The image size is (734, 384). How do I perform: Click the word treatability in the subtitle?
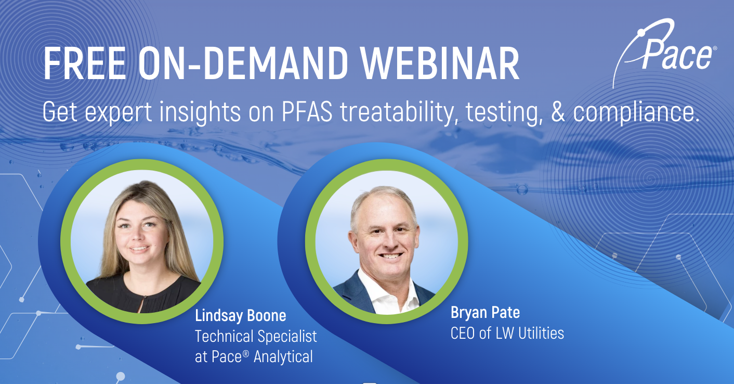click(401, 112)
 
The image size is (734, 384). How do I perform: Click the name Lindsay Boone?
click(240, 315)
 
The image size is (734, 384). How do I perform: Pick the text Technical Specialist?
click(256, 336)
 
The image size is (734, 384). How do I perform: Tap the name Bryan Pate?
click(485, 313)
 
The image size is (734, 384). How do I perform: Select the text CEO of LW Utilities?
click(507, 333)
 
